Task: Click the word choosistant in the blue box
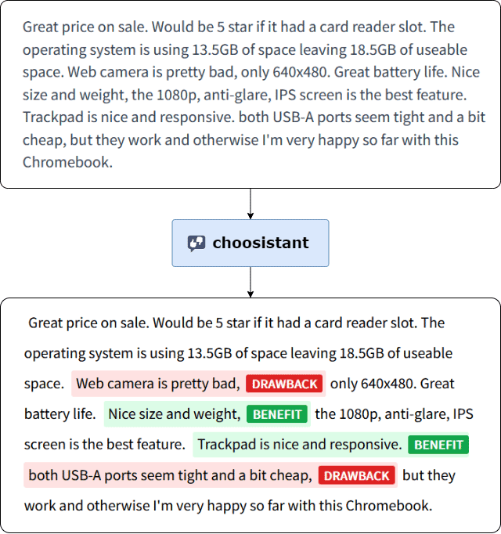coord(261,243)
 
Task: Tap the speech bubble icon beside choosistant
coord(196,244)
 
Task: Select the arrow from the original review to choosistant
coord(250,204)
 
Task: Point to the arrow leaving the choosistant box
coord(250,282)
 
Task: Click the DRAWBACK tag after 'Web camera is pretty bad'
coord(284,384)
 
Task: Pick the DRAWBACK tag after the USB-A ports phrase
coord(357,475)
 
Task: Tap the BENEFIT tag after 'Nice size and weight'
coord(277,414)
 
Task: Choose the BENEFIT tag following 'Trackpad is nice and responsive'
coord(438,445)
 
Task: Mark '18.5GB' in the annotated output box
coord(362,353)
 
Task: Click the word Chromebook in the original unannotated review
coord(67,162)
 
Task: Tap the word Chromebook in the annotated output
coord(388,506)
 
